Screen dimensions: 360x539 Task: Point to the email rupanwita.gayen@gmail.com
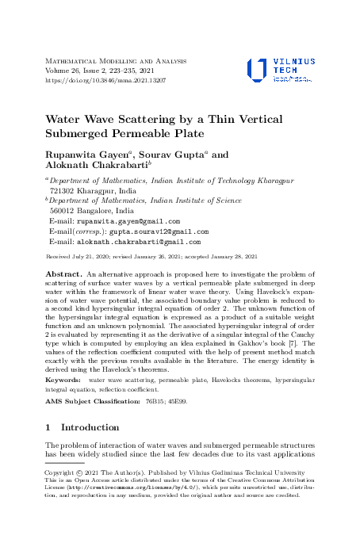pyautogui.click(x=128, y=222)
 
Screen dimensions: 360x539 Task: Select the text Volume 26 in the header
pyautogui.click(x=67, y=71)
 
